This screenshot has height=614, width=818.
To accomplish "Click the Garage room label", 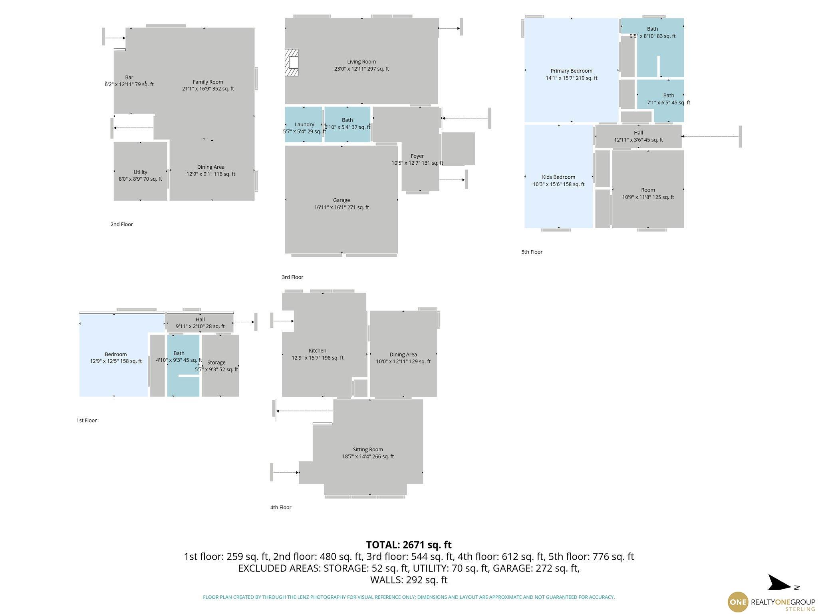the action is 341,200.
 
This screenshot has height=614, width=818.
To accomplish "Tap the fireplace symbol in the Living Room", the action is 292,63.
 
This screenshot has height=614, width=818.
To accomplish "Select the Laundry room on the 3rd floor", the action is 304,124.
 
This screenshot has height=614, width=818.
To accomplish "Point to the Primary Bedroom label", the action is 572,71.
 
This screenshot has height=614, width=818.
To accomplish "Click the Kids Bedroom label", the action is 558,177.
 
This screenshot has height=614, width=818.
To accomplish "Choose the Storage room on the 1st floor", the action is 220,365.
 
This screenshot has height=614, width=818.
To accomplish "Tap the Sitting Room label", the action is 368,449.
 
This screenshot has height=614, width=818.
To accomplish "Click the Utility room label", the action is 141,172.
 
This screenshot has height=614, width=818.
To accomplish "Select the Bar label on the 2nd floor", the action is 129,78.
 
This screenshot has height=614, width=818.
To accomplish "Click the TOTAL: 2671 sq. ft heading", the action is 409,545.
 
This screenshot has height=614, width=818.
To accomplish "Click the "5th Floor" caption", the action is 532,252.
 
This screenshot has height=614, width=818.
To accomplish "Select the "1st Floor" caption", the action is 87,421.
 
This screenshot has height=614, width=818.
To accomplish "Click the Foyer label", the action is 417,156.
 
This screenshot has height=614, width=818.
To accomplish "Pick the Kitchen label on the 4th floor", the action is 318,351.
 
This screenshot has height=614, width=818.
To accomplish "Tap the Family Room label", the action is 208,82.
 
